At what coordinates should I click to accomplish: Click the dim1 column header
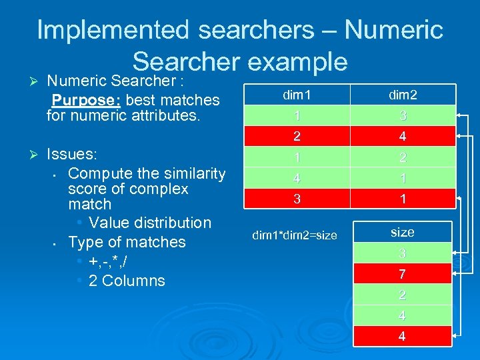coord(296,95)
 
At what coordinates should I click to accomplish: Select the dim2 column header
coord(402,95)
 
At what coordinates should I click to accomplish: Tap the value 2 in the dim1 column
coord(296,137)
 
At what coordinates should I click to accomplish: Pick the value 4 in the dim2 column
coord(402,137)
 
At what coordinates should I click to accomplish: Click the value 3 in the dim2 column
coord(402,116)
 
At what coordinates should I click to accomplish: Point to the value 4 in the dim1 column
coord(296,178)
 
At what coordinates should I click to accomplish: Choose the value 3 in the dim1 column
coord(296,199)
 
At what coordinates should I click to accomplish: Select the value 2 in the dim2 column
coord(402,157)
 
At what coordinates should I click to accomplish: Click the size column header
coord(402,232)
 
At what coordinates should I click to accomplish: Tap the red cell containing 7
coord(402,274)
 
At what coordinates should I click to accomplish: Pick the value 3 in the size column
coord(402,253)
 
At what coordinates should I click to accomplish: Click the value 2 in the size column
coord(402,295)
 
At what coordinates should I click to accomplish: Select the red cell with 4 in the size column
coord(402,336)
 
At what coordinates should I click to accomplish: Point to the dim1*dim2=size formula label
coord(294,235)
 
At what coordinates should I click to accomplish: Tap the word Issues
coord(72,155)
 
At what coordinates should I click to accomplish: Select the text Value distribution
coord(149,223)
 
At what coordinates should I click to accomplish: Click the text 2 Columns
coord(127,281)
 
